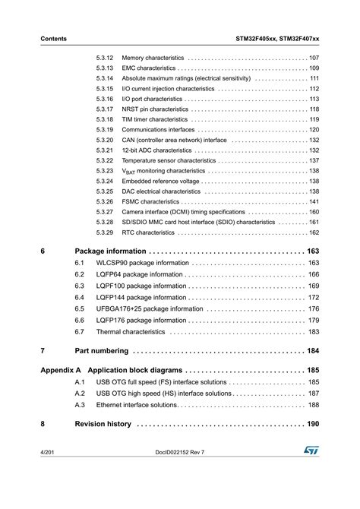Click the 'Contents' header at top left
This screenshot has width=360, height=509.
click(x=53, y=39)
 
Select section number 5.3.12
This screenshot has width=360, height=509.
click(x=105, y=58)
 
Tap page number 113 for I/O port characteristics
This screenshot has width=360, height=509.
click(x=314, y=99)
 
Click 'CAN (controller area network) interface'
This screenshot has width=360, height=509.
click(x=174, y=141)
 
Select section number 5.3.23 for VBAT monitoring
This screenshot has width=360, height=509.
click(x=105, y=171)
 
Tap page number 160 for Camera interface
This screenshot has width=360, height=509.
click(x=314, y=212)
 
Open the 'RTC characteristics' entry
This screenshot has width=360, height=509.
click(x=148, y=232)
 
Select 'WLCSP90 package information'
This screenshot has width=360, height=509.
click(x=142, y=263)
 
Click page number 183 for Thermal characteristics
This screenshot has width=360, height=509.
click(x=314, y=332)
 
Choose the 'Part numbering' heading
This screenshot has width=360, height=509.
click(x=103, y=351)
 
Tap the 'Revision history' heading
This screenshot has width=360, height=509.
click(x=103, y=424)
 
